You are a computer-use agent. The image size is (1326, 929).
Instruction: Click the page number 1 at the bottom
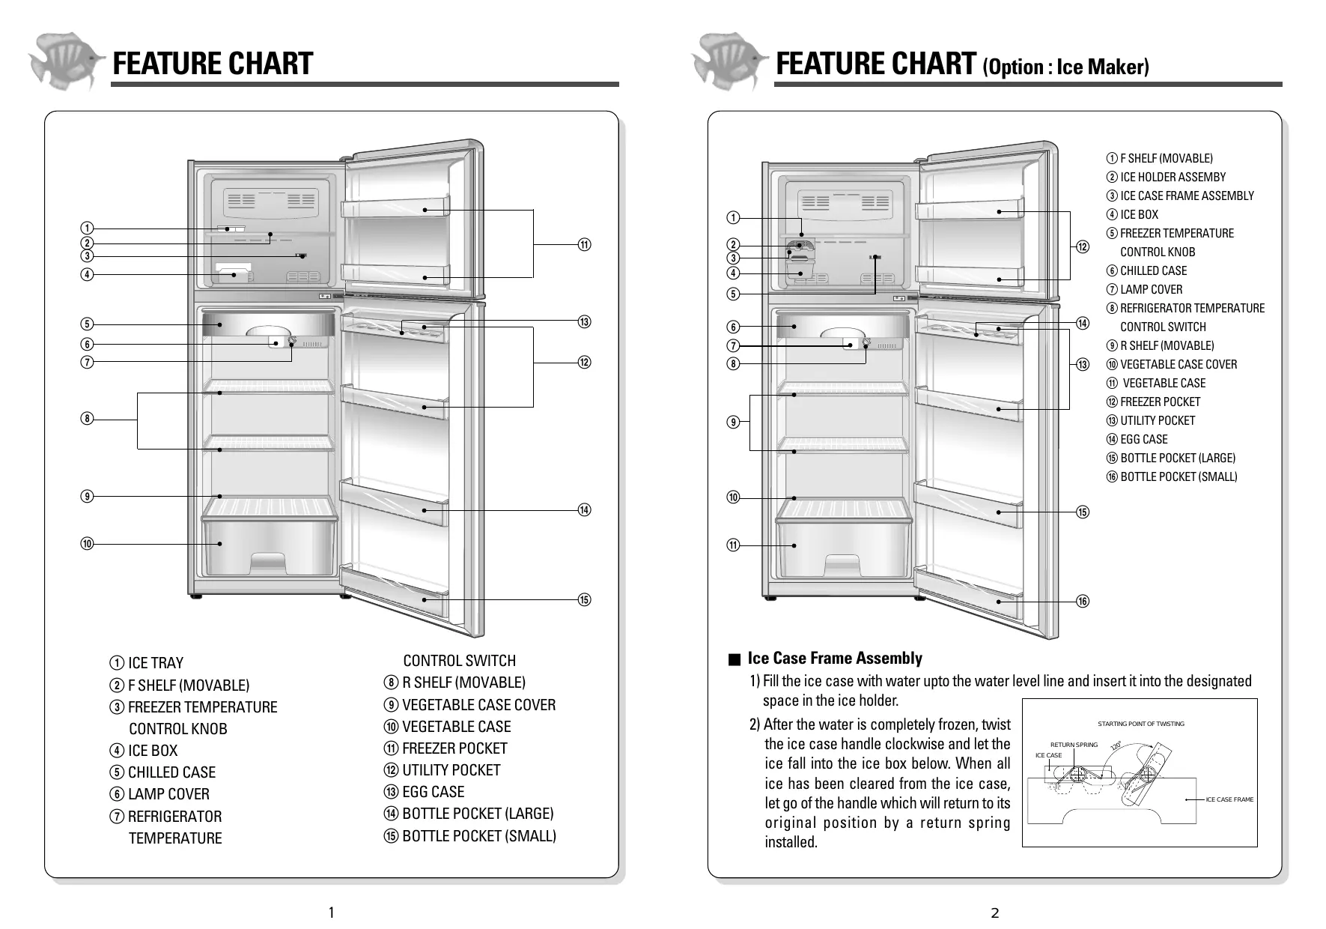point(331,913)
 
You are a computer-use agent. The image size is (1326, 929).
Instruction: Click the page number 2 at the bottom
point(994,913)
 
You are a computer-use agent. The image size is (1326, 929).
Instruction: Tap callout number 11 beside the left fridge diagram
point(584,245)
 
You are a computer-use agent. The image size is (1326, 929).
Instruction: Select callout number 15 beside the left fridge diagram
point(584,599)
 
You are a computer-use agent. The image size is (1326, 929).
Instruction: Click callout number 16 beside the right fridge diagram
point(1083,602)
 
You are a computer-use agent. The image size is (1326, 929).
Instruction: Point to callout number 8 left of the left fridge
point(88,419)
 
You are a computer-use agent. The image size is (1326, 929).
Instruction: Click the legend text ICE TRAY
point(155,663)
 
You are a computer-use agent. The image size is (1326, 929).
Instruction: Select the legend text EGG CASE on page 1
point(433,792)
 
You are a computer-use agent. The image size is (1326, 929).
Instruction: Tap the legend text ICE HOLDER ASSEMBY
point(1173,178)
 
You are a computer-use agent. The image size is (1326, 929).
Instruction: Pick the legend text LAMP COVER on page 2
point(1151,290)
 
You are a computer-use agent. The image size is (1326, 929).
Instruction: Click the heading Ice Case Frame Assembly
point(835,659)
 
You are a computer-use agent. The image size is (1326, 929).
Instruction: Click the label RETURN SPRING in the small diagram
point(1074,745)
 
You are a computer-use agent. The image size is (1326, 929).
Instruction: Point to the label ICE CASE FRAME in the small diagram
point(1229,799)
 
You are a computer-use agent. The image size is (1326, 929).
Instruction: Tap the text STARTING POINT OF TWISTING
point(1140,724)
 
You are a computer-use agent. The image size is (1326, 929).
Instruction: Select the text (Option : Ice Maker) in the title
point(1065,67)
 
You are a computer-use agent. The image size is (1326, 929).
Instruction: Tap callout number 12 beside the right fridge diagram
point(1083,246)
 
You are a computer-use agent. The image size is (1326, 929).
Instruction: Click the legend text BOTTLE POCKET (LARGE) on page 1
point(478,814)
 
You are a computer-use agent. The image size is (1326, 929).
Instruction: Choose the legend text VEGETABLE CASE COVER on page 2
point(1178,365)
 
